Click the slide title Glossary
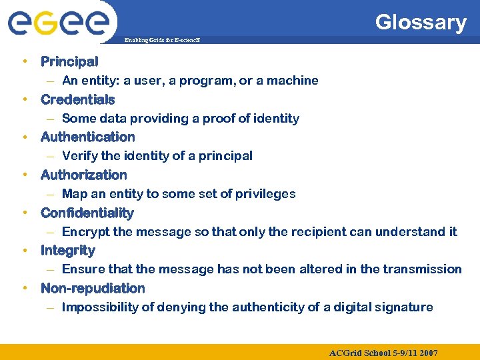[x=420, y=23]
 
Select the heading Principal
[x=69, y=62]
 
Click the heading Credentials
[x=77, y=100]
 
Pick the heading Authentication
[x=87, y=137]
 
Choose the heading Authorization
[x=83, y=175]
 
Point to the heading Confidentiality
[x=87, y=213]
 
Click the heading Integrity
[x=67, y=251]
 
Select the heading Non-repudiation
[x=93, y=289]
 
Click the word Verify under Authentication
[x=79, y=156]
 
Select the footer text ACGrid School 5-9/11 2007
[x=383, y=352]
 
